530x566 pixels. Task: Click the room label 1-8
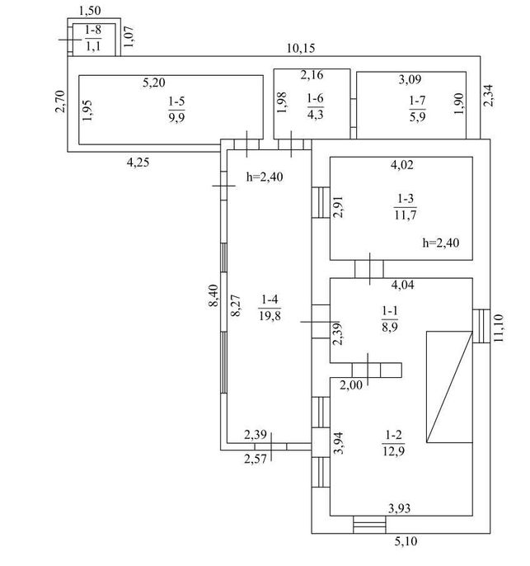[x=93, y=31]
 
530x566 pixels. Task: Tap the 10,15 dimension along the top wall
[x=301, y=48]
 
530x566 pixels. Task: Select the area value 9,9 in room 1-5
[x=176, y=118]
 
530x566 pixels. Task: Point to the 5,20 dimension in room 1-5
[x=154, y=83]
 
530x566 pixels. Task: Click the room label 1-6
[x=316, y=98]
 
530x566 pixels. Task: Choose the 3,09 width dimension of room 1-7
[x=410, y=79]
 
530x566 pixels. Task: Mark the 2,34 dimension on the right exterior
[x=489, y=96]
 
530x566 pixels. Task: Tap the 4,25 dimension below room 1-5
[x=138, y=163]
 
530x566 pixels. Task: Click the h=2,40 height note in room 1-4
[x=265, y=177]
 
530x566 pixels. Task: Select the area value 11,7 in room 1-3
[x=406, y=215]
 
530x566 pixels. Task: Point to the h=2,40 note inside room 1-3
[x=441, y=243]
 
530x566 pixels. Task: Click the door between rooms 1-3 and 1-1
[x=369, y=269]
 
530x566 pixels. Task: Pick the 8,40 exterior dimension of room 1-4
[x=213, y=295]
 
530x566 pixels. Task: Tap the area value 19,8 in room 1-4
[x=270, y=316]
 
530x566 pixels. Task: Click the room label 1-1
[x=390, y=310]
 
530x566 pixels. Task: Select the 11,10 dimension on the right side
[x=498, y=328]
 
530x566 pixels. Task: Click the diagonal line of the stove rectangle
[x=449, y=387]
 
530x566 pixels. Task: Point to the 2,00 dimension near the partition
[x=351, y=385]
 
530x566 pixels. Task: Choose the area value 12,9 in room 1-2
[x=394, y=451]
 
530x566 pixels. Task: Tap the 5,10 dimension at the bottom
[x=406, y=541]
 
